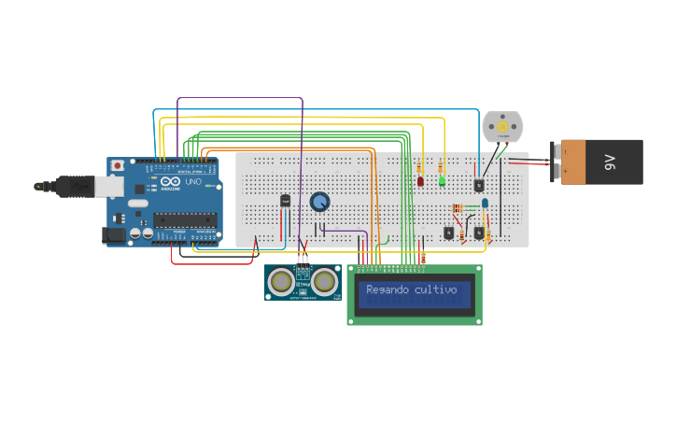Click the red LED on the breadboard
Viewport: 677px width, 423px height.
point(420,180)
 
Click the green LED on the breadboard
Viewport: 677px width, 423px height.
point(442,180)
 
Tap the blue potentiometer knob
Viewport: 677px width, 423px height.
point(319,202)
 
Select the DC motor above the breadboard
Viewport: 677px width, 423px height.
point(501,126)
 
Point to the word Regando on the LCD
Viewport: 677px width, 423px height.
point(387,289)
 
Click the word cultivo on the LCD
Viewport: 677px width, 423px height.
point(435,289)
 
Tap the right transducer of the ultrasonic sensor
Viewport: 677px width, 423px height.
point(325,281)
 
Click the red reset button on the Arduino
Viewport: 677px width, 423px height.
point(118,165)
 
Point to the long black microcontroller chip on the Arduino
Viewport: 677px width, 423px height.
point(185,219)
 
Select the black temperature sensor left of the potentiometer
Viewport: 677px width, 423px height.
point(285,200)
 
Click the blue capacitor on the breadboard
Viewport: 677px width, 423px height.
point(486,203)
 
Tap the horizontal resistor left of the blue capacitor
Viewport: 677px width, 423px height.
point(458,207)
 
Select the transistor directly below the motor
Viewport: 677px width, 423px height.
point(479,185)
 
